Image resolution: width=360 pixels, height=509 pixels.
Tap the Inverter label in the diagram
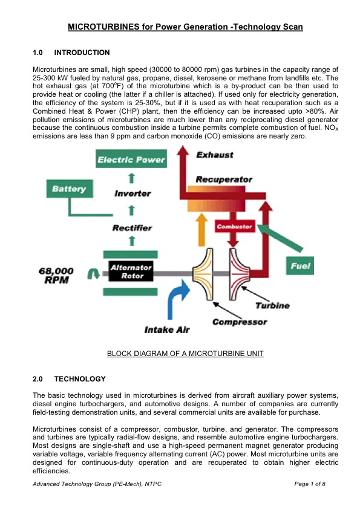click(x=132, y=193)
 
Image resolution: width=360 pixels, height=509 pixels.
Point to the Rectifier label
click(x=132, y=228)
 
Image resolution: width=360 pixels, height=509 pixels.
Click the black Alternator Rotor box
click(x=131, y=272)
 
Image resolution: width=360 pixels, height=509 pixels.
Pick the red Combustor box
click(x=234, y=227)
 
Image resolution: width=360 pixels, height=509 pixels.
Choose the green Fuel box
click(x=301, y=266)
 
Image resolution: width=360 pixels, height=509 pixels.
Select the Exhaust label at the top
click(x=215, y=155)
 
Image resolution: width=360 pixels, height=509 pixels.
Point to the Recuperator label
click(x=224, y=180)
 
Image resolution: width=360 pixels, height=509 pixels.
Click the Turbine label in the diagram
click(x=272, y=306)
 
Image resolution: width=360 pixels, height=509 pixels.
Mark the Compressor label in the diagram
click(x=240, y=322)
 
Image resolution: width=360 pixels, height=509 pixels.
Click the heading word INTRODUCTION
click(x=82, y=53)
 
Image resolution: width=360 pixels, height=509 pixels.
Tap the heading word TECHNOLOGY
click(x=80, y=379)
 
